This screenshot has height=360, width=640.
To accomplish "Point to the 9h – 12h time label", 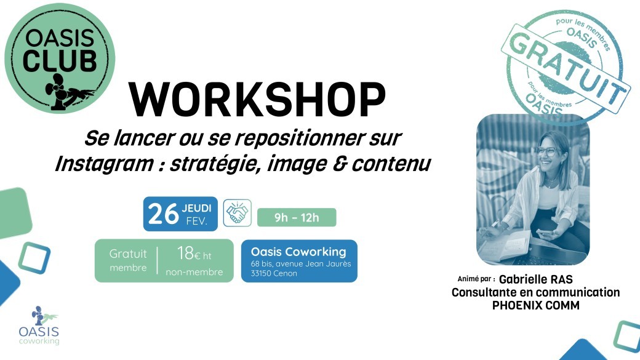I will pos(297,217).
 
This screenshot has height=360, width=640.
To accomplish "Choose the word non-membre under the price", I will pos(194,272).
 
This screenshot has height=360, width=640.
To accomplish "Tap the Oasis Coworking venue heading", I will pos(298,252).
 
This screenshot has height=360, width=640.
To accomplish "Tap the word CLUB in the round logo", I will pos(60,61).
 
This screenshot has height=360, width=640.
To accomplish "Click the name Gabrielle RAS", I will pos(536,279).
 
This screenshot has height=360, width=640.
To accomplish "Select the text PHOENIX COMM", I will pos(535,305).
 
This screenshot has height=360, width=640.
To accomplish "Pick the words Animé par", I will pos(476,279).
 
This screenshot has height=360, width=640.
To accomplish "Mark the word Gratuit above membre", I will pos(128,254).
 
